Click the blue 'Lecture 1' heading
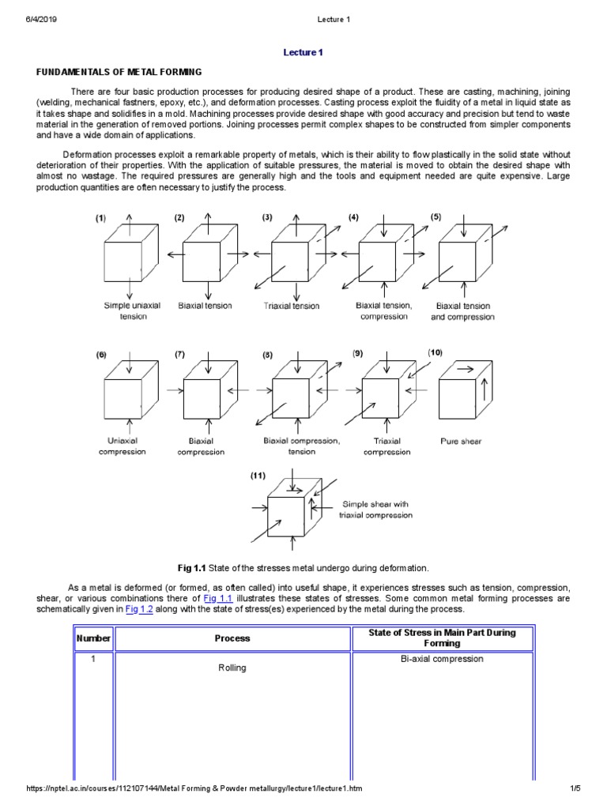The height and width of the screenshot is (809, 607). (303, 52)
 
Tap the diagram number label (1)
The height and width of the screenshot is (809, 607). (101, 218)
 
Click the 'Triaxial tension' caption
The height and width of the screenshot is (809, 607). (292, 307)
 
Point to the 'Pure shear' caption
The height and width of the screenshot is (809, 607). (460, 442)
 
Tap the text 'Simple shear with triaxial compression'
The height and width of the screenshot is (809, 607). (377, 509)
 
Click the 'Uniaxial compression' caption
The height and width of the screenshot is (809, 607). (123, 446)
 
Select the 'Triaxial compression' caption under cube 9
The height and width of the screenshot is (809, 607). (386, 446)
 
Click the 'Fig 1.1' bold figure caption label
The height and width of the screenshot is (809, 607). (194, 567)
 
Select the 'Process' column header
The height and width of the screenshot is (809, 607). (232, 638)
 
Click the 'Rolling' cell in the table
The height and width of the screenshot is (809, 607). (232, 668)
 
